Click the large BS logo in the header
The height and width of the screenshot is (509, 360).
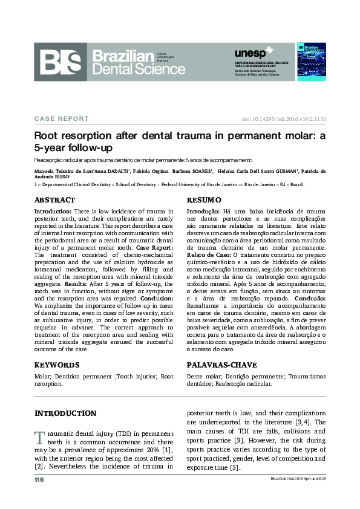coord(62,61)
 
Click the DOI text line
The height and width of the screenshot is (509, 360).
coord(284,119)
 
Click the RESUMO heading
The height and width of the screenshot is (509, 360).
coord(204,199)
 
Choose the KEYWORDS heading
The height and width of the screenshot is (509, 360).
coord(57,365)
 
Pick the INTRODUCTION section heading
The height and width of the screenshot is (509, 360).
coord(65,413)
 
